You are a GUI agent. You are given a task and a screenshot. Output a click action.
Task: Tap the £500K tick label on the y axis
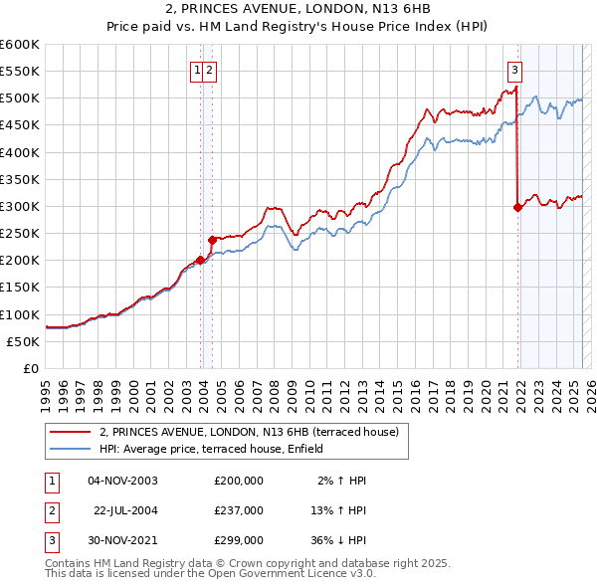(x=20, y=98)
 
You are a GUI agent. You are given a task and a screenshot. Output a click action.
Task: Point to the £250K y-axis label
(x=20, y=234)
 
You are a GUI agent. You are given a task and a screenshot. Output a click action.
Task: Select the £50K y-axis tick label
(x=24, y=341)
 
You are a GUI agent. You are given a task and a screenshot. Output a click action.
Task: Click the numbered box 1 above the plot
(x=198, y=70)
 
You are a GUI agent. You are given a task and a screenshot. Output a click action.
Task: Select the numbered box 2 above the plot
(x=212, y=70)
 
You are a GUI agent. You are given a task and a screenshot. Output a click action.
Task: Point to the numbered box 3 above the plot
(x=514, y=70)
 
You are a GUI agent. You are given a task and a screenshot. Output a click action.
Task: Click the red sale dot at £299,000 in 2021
(x=517, y=207)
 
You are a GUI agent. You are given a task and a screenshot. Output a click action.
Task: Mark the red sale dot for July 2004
(x=212, y=240)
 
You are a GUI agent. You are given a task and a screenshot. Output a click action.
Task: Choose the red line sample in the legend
(x=70, y=432)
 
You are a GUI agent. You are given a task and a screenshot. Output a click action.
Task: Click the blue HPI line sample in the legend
(x=70, y=450)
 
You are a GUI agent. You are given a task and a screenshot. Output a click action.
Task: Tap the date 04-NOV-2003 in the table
(x=124, y=481)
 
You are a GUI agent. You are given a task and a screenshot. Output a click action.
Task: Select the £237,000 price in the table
(x=239, y=509)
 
